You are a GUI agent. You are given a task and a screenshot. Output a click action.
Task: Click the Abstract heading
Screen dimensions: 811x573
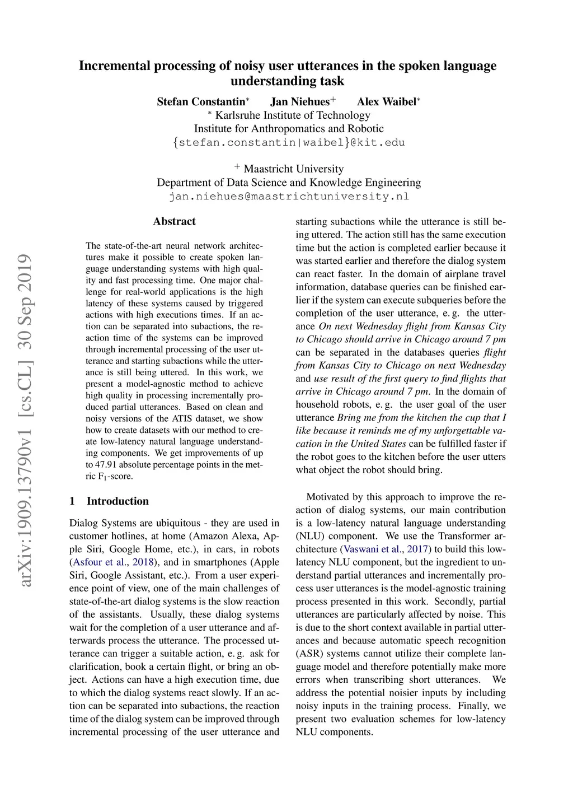click(x=174, y=221)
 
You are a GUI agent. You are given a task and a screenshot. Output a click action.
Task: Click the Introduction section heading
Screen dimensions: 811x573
click(x=118, y=501)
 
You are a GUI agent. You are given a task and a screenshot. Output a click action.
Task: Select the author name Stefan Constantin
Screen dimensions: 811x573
click(x=201, y=101)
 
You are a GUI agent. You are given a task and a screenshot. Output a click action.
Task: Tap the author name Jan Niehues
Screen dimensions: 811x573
click(x=300, y=101)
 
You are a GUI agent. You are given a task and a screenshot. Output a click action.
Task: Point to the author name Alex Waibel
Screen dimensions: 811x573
click(x=387, y=101)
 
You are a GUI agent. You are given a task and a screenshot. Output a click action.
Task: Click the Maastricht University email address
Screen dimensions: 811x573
click(x=289, y=197)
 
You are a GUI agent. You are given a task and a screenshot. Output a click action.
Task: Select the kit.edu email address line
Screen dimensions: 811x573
click(x=289, y=142)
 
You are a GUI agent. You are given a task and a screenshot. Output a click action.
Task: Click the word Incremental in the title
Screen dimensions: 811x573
click(x=115, y=66)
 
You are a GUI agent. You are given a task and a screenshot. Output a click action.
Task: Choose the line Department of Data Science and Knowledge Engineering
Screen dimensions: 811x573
click(x=289, y=183)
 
